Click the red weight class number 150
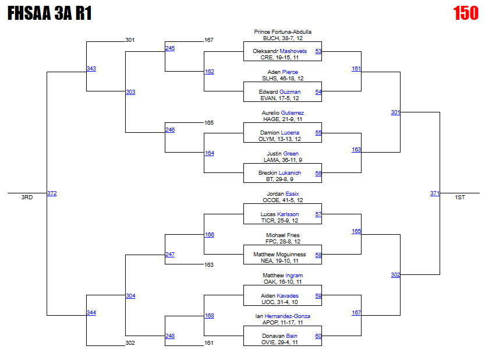[x=465, y=13]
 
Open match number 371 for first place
[x=435, y=193]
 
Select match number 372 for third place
[x=52, y=193]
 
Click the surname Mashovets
[x=293, y=51]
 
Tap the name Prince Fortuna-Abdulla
[x=283, y=31]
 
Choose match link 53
[x=318, y=51]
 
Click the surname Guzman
[x=290, y=92]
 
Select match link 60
[x=318, y=336]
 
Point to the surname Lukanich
[x=289, y=173]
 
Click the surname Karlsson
[x=288, y=214]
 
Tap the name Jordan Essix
[x=282, y=194]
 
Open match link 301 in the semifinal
[x=395, y=112]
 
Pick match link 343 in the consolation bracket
[x=91, y=69]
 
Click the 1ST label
[x=460, y=197]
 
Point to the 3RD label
[x=27, y=197]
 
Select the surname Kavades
[x=288, y=296]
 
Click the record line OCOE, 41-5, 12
[x=282, y=200]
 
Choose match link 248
[x=169, y=336]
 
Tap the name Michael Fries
[x=282, y=235]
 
